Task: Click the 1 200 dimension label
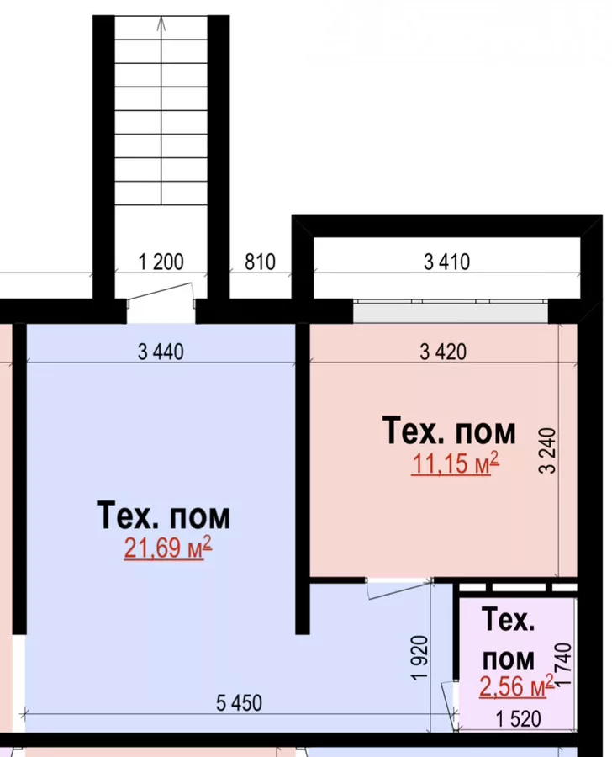click(161, 262)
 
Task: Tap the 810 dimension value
click(260, 262)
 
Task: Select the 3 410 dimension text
click(447, 262)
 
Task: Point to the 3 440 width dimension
click(161, 352)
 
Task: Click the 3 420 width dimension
click(443, 352)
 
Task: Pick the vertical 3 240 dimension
click(548, 451)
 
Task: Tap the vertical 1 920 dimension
click(419, 658)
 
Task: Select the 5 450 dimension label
click(239, 703)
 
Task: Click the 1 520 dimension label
click(519, 720)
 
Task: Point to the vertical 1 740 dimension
click(564, 664)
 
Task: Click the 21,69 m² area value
click(167, 548)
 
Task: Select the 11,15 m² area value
click(455, 463)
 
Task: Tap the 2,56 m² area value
click(516, 686)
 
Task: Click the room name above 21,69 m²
click(164, 516)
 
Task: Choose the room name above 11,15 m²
click(449, 431)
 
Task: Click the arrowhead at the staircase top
click(161, 24)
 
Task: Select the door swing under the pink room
click(398, 589)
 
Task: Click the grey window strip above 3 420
click(451, 311)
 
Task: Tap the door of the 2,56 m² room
click(449, 706)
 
